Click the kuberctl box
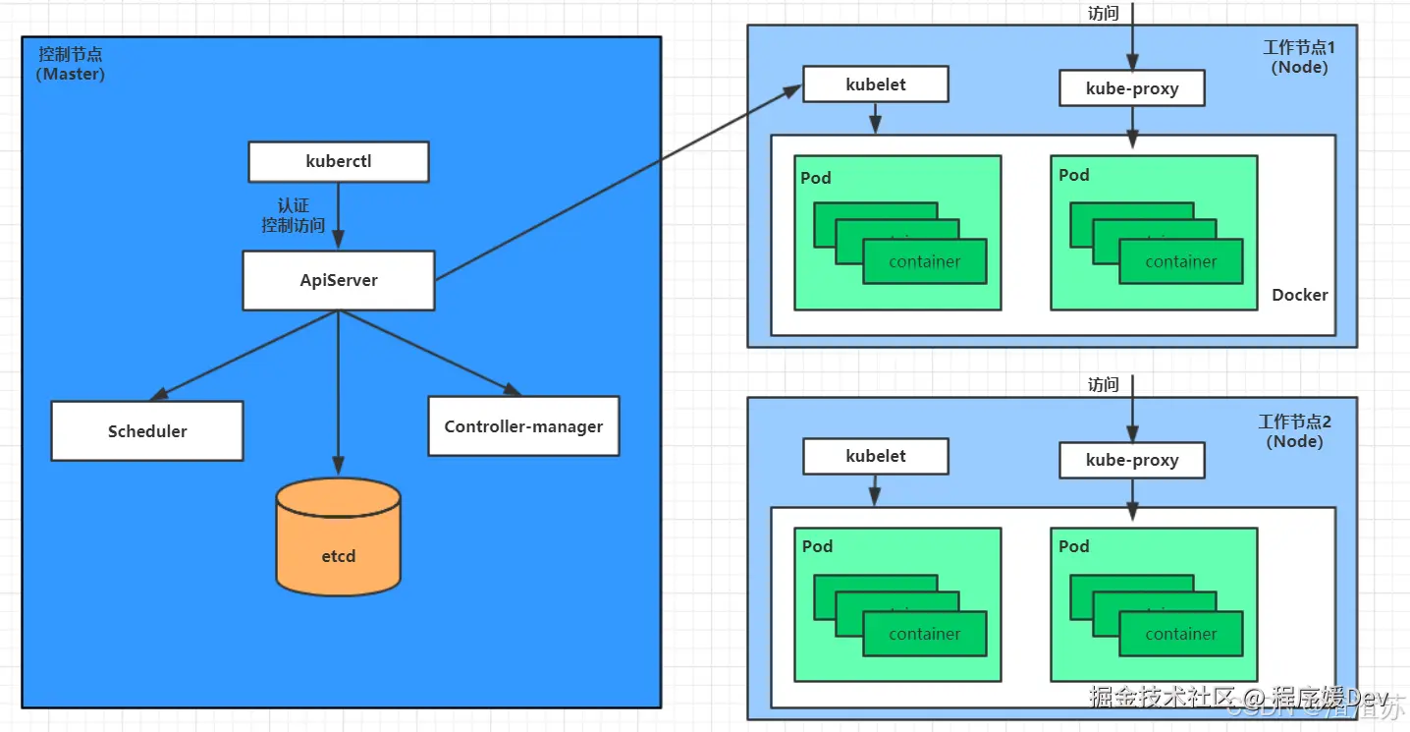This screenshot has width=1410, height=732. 338,162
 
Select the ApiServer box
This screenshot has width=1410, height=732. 339,280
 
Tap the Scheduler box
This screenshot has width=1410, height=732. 147,430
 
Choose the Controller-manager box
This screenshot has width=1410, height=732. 523,425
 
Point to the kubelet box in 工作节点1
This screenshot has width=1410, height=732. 876,84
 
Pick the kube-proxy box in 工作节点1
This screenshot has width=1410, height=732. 1132,88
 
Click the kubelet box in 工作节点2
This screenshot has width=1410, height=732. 876,456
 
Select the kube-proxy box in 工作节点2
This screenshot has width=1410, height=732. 1132,460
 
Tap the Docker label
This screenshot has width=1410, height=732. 1299,295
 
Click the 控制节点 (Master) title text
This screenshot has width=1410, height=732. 70,64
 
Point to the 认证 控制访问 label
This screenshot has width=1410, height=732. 293,215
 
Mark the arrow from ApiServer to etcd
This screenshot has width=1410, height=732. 339,393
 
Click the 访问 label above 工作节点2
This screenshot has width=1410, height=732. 1104,384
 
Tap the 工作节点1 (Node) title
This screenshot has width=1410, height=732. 1299,58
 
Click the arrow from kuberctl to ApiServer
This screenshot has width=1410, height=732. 339,215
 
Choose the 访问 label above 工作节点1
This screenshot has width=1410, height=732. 1104,14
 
